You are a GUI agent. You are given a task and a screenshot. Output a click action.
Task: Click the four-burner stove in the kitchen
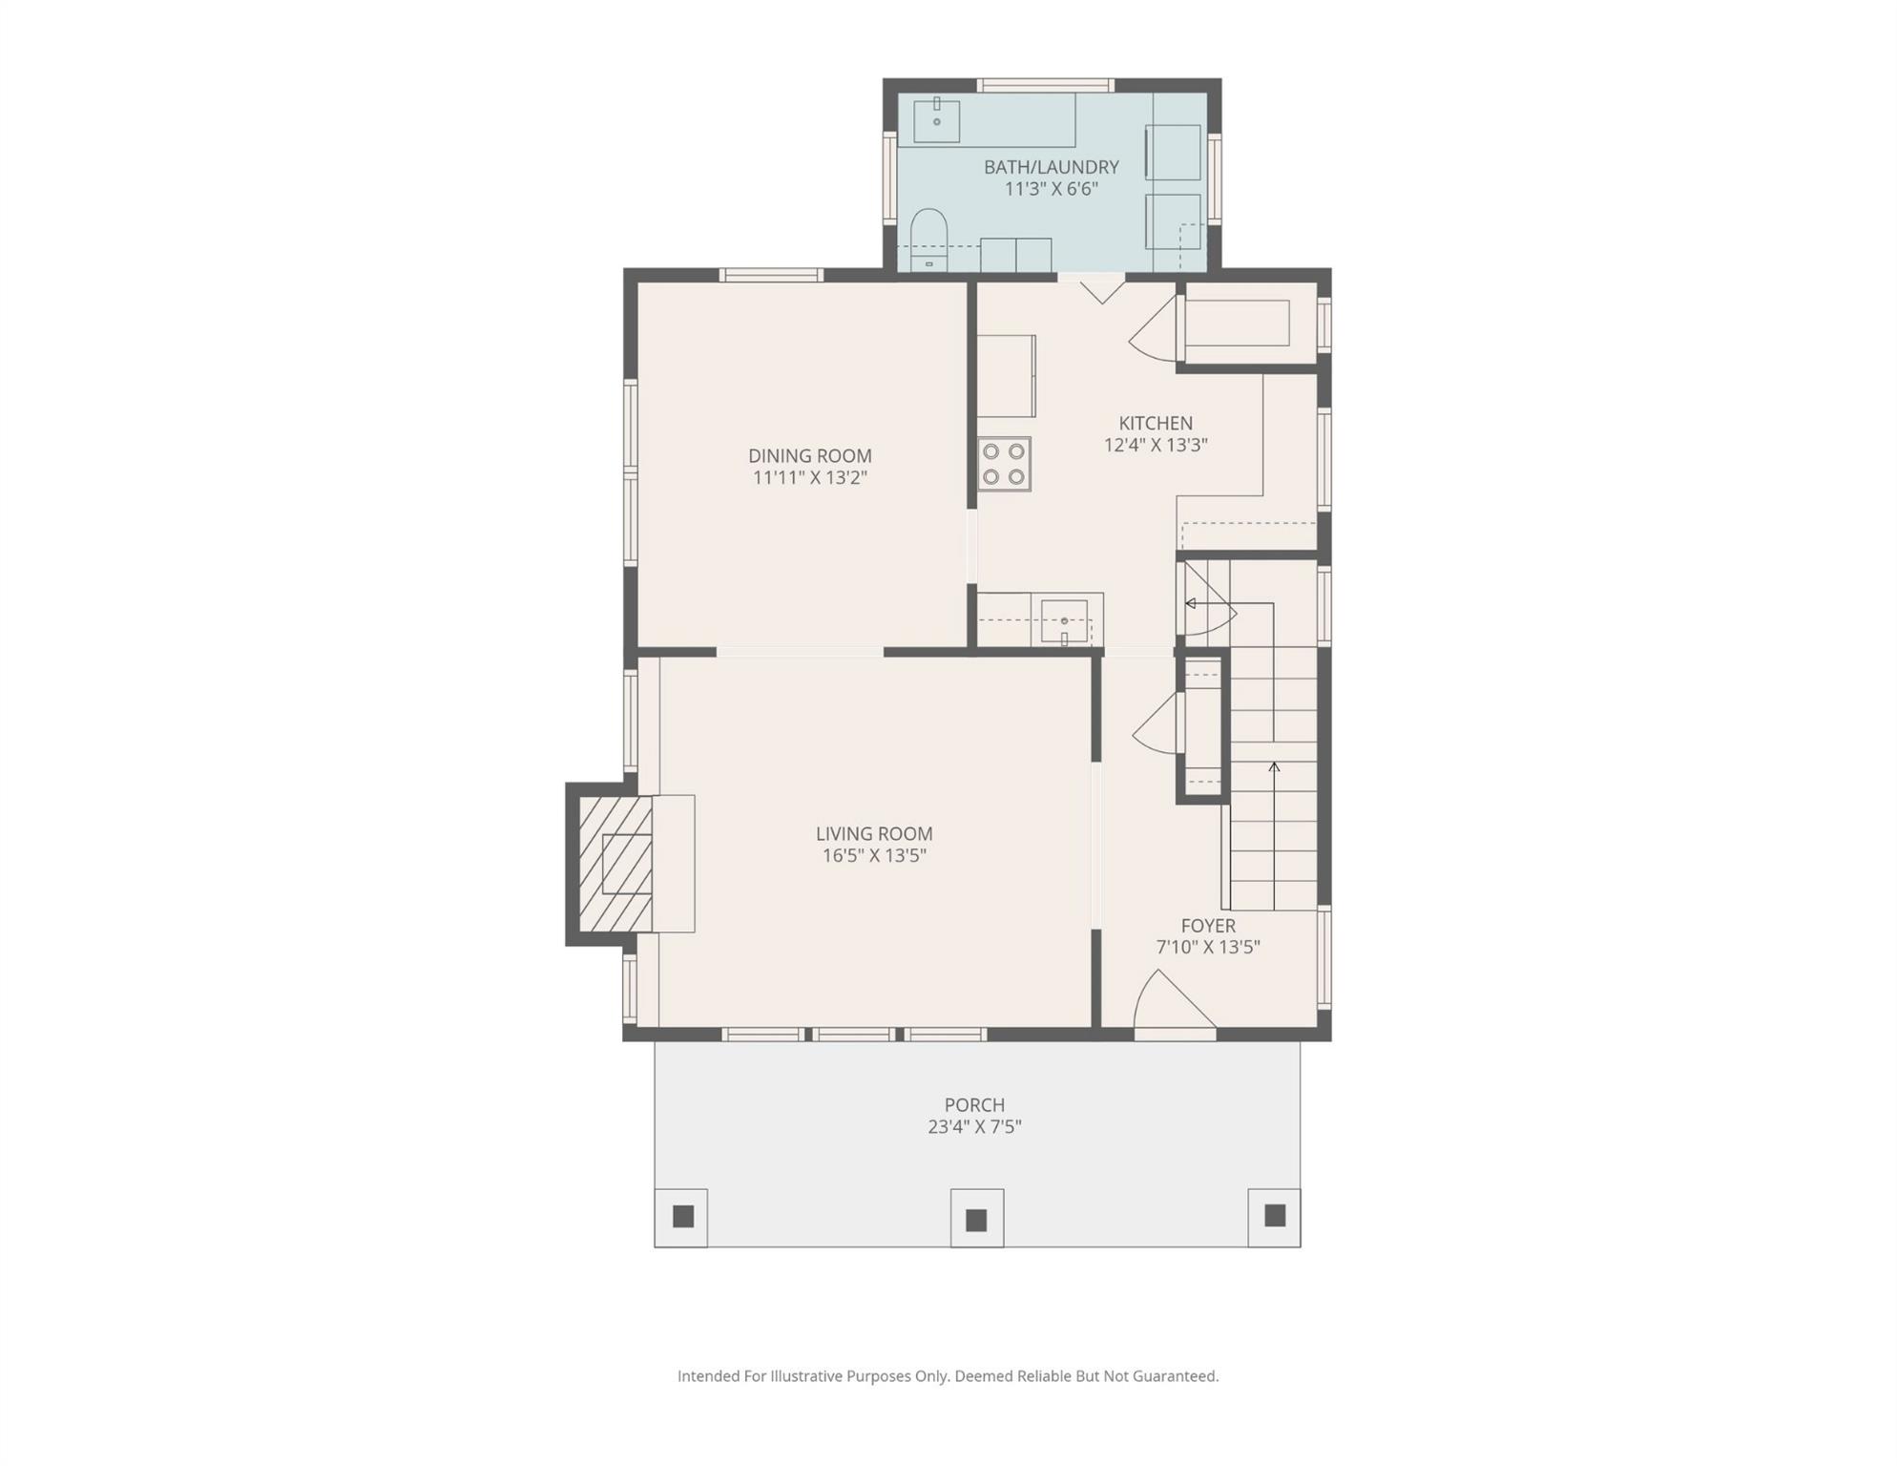click(x=1004, y=464)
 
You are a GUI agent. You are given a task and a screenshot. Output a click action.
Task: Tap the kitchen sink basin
click(x=1064, y=621)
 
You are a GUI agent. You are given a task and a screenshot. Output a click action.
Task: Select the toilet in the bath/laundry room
click(x=928, y=240)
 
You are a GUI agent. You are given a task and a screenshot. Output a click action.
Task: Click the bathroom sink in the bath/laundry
click(x=937, y=120)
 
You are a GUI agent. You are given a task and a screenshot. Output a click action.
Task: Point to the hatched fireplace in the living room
click(x=616, y=864)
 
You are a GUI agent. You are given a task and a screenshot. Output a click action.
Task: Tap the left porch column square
click(x=682, y=1217)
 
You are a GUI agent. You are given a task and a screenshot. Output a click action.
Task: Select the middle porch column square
click(x=976, y=1220)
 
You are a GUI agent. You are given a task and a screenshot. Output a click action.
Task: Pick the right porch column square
click(x=1275, y=1216)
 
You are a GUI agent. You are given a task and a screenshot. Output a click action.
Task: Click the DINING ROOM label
click(x=809, y=456)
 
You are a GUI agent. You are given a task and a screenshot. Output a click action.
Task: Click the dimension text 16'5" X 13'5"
click(x=874, y=856)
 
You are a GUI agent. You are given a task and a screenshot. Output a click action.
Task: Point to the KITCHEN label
click(x=1156, y=423)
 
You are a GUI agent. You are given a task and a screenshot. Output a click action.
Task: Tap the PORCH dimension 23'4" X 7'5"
click(x=974, y=1127)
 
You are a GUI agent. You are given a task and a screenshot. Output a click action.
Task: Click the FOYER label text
click(x=1208, y=926)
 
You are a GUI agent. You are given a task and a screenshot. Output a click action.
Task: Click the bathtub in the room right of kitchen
click(x=1237, y=324)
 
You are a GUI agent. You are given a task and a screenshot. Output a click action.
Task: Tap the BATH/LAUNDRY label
click(x=1052, y=167)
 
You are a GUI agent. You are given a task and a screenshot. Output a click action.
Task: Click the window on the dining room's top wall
click(x=771, y=276)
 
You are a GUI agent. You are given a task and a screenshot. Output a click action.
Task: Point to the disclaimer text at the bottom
click(x=948, y=1376)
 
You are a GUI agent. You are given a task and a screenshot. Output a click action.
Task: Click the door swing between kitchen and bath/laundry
click(x=1101, y=289)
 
